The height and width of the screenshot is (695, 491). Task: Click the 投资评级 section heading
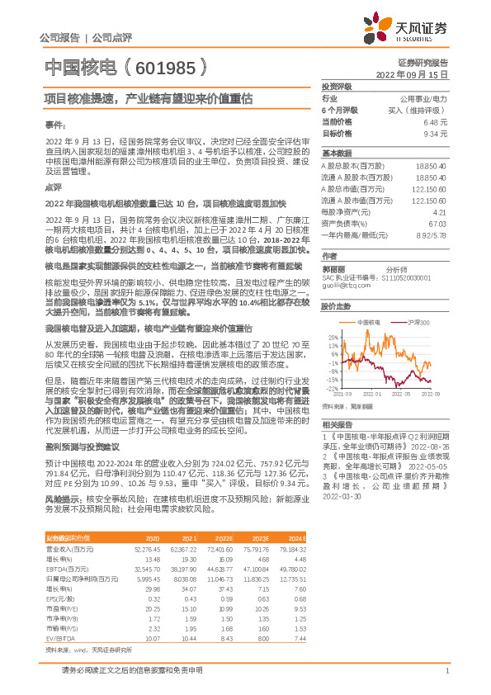pyautogui.click(x=337, y=86)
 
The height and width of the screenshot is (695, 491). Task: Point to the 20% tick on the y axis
pyautogui.click(x=331, y=338)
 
